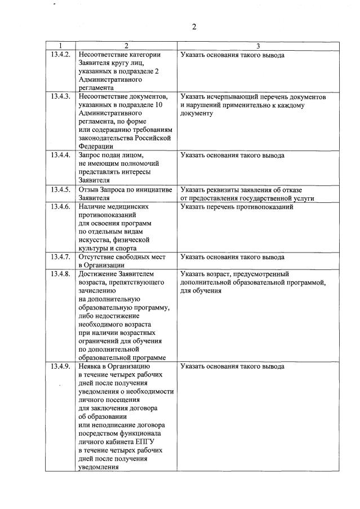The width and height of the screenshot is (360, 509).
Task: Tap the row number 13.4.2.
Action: coord(60,55)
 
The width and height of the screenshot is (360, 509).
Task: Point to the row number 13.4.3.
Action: coord(60,97)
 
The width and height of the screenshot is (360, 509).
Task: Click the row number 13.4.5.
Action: coord(60,189)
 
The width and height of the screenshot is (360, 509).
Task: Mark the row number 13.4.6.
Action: coord(60,207)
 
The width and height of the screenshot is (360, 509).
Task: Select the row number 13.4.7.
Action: coord(60,257)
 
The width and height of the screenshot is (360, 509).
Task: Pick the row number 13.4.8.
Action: coord(60,275)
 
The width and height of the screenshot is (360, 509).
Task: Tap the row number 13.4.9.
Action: coord(60,366)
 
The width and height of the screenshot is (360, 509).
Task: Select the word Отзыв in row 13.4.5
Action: coord(89,189)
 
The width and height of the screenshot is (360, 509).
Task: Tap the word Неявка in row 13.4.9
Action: coord(91,366)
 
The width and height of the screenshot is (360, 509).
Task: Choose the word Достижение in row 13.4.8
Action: coord(97,275)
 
